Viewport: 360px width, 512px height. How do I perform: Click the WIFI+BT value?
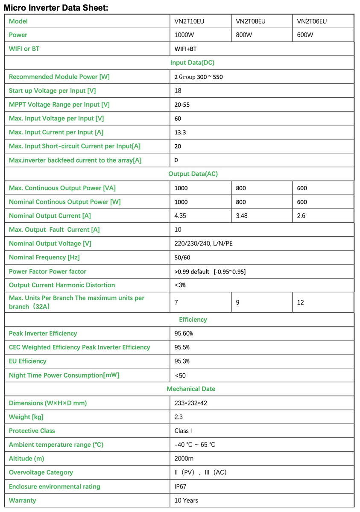186,49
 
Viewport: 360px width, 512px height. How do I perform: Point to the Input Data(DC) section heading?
192,63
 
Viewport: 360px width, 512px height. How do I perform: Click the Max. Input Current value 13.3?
180,132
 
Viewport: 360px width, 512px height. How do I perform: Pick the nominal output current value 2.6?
301,216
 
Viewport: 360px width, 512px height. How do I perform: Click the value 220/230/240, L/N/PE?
204,244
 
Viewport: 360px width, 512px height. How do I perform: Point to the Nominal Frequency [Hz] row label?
44,257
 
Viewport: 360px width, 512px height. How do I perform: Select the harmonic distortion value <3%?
180,285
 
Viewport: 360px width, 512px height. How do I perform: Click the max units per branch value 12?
301,303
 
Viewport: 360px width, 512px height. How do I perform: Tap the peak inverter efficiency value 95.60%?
183,333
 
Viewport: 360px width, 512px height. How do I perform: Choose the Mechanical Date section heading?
191,389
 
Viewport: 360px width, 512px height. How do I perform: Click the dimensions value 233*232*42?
191,403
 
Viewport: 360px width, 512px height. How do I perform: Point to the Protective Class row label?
32,431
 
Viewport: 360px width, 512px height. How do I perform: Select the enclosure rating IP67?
181,486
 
